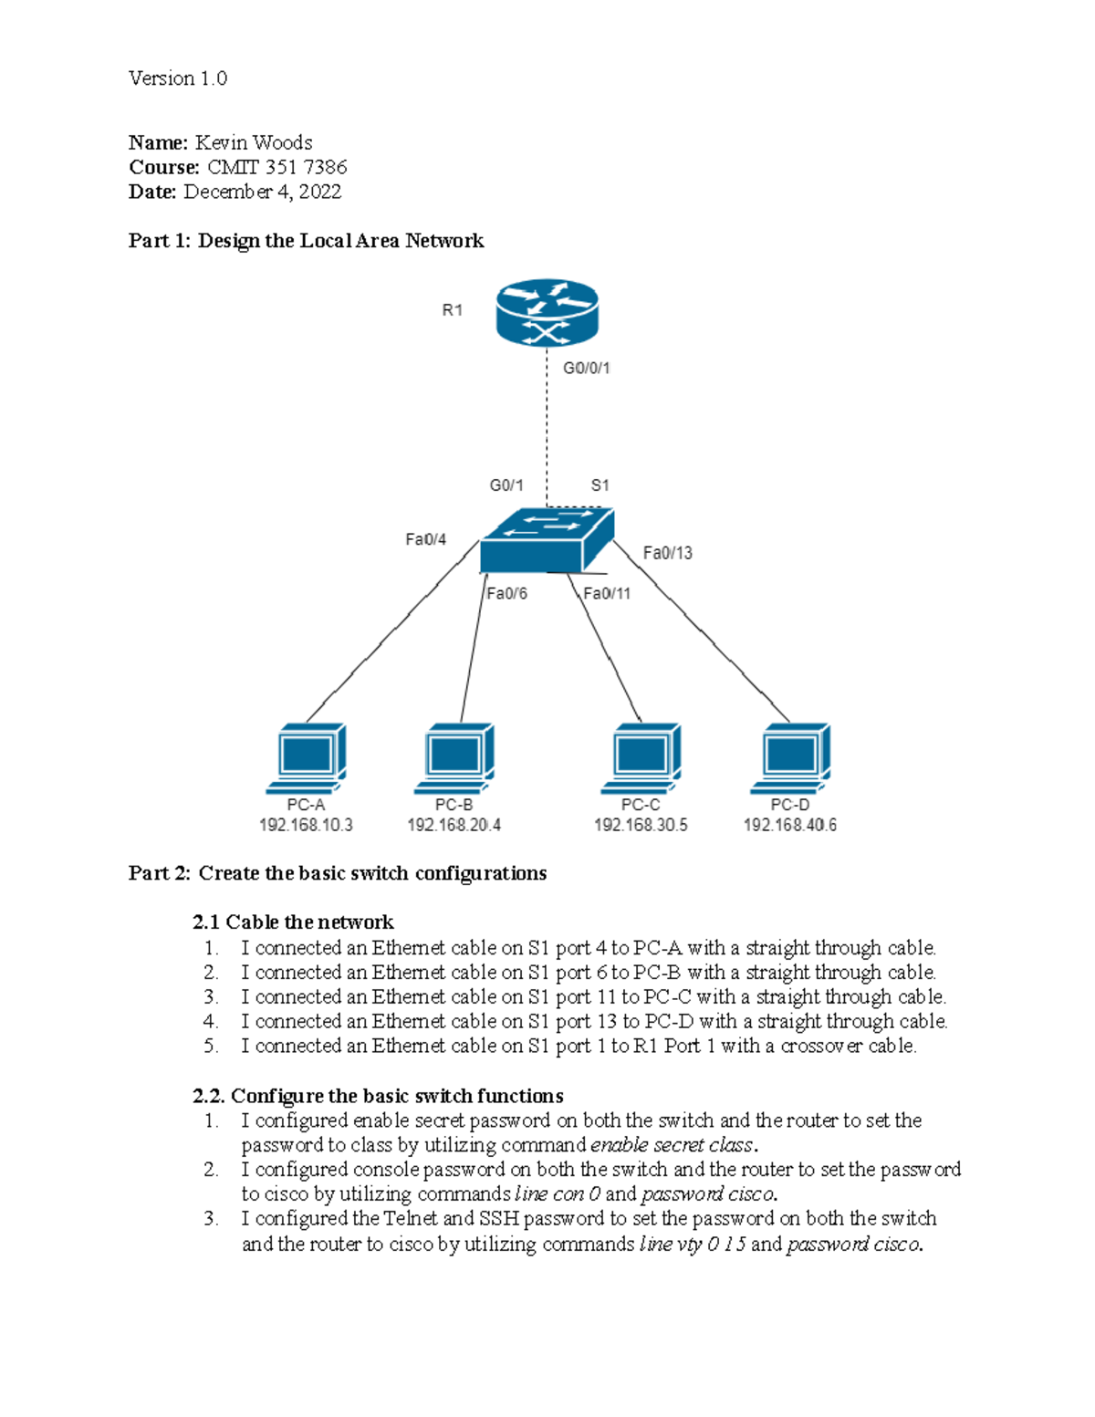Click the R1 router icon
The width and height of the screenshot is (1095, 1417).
(x=547, y=312)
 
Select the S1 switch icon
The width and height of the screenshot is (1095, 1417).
(x=546, y=541)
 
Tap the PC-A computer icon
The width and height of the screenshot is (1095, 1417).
(x=307, y=758)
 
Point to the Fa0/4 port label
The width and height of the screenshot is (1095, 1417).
(x=425, y=539)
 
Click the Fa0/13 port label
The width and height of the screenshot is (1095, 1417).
(x=667, y=553)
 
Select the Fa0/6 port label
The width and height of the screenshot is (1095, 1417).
(x=506, y=593)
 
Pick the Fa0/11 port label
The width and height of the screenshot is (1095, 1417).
(x=607, y=593)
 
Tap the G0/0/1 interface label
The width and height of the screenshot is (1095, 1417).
(x=586, y=368)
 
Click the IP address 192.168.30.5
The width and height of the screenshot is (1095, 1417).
(x=641, y=825)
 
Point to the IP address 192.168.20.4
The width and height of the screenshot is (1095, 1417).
(x=454, y=825)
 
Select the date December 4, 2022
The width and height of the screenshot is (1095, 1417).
(x=262, y=192)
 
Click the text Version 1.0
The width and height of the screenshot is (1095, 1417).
(x=178, y=78)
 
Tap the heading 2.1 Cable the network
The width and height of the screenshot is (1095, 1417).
(x=293, y=922)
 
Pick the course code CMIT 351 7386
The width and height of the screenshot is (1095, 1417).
(x=276, y=167)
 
